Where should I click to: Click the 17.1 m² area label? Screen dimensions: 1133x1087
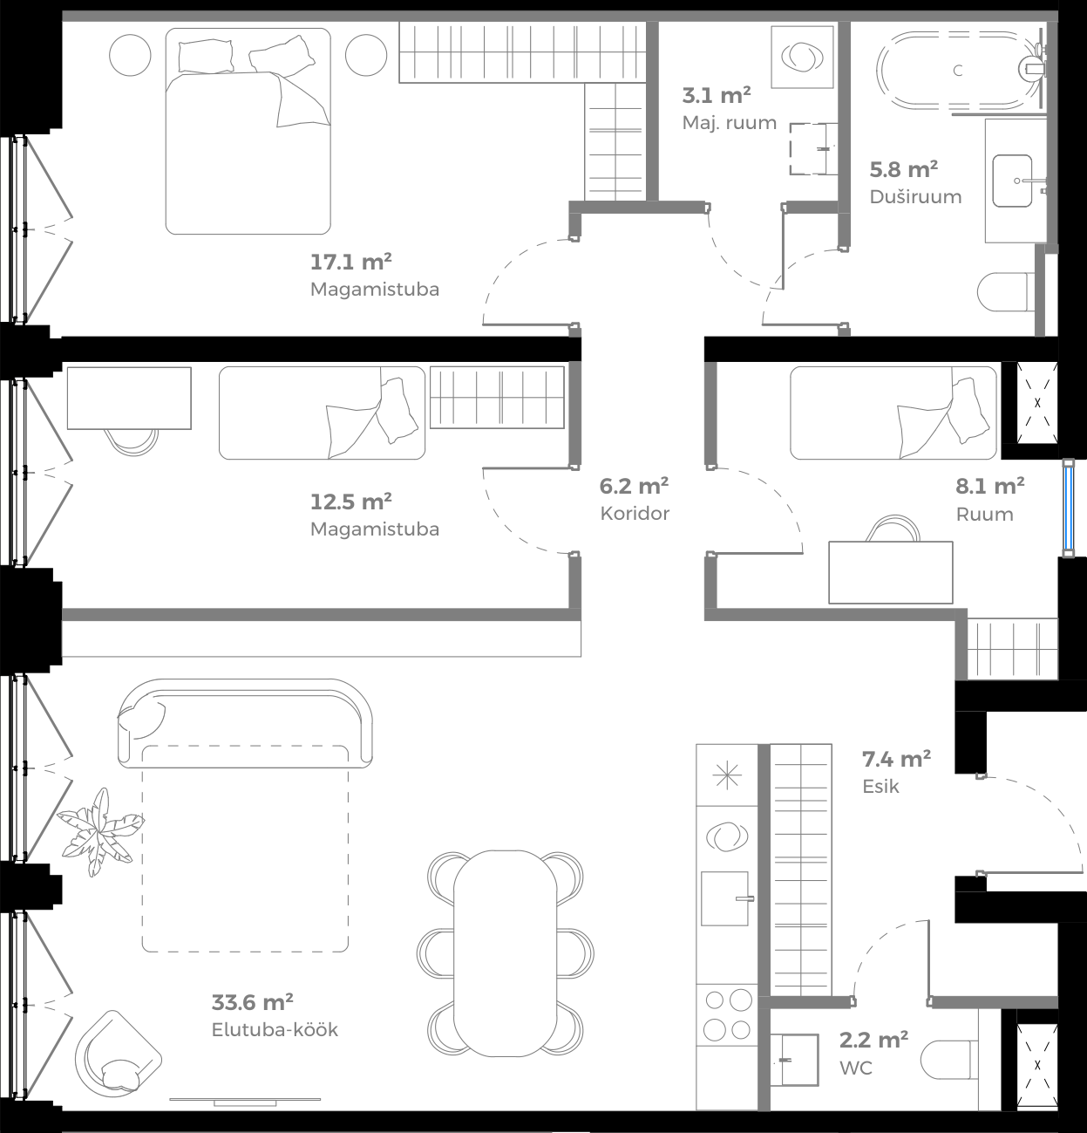[350, 262]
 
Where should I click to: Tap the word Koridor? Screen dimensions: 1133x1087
[635, 514]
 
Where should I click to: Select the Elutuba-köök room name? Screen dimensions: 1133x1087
[275, 1029]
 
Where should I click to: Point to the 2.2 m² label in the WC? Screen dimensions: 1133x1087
[873, 1040]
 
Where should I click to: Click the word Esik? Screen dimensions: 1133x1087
[880, 786]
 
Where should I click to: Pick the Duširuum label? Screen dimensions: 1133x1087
[915, 196]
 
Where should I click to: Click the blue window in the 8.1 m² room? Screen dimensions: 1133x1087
[1067, 507]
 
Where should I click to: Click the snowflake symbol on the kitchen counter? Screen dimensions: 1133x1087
[727, 775]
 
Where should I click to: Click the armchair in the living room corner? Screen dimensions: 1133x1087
[118, 1056]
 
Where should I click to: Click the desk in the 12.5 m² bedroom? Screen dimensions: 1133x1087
[129, 398]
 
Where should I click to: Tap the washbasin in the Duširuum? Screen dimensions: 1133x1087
[1013, 181]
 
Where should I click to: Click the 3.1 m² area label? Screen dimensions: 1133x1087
[716, 95]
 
